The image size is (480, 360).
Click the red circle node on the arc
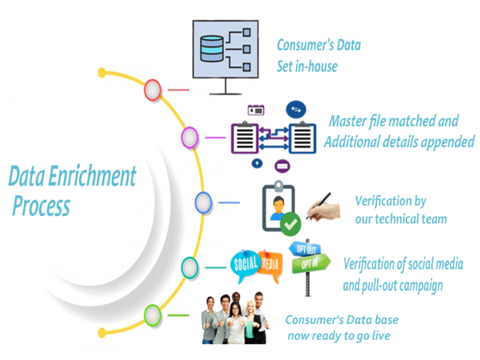tap(153, 90)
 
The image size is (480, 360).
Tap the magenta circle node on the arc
tap(190, 138)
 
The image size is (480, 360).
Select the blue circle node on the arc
tap(203, 202)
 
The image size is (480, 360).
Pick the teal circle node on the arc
tap(190, 266)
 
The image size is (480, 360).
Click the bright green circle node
tap(153, 313)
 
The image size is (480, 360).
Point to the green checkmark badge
tap(291, 223)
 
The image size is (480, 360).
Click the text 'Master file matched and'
tap(394, 122)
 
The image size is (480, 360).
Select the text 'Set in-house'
tap(307, 66)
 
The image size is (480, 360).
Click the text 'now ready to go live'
tap(339, 336)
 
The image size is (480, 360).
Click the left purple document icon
tap(245, 138)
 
